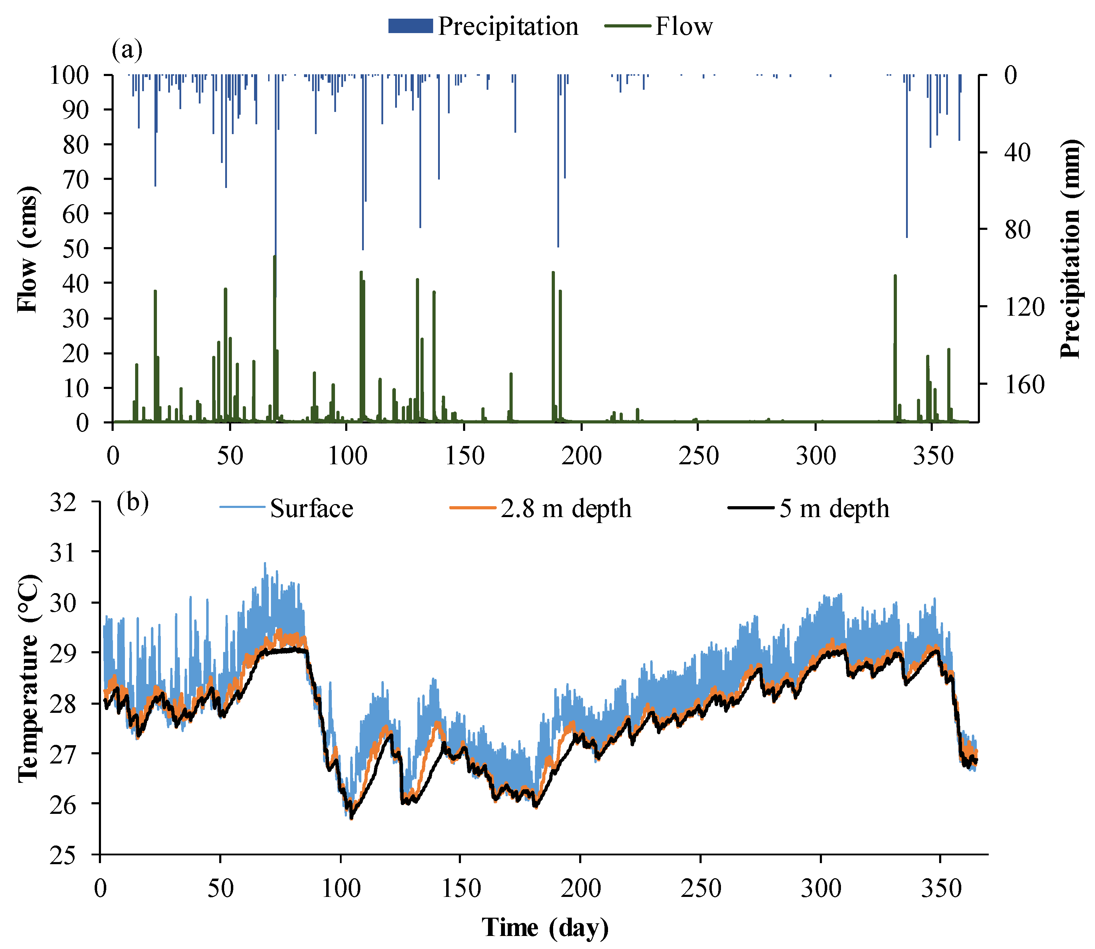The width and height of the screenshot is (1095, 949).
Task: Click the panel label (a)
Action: point(127,50)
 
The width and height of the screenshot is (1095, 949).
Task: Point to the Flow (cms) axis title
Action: point(27,249)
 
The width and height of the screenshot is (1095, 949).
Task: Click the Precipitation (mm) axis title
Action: point(1069,249)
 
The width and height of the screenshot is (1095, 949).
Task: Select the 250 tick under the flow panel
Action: point(698,456)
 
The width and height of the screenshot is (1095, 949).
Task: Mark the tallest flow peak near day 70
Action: point(274,257)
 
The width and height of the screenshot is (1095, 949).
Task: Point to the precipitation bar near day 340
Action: point(907,159)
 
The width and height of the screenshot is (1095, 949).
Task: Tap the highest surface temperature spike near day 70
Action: point(265,564)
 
